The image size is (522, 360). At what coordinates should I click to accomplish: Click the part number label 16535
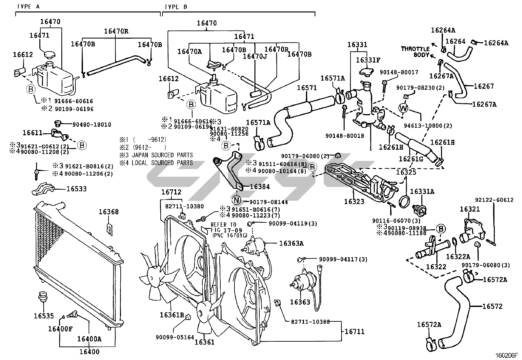44,316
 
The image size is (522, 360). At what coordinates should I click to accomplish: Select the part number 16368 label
109,212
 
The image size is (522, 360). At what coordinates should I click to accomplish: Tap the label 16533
76,189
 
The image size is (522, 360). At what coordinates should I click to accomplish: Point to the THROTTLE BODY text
415,52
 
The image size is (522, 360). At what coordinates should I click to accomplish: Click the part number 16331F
368,60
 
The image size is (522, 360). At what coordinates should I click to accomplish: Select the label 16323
354,202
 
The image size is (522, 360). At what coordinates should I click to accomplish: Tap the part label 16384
260,187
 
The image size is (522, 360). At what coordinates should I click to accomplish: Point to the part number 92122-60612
494,200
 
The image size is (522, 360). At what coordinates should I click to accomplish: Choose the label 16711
354,332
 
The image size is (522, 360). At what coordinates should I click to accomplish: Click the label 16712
171,192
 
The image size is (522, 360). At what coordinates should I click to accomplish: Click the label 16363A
291,243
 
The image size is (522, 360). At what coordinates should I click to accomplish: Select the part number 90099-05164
175,337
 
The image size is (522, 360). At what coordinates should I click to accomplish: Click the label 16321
470,209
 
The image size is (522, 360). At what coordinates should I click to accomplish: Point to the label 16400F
60,329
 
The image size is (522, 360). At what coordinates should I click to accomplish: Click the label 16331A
422,192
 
